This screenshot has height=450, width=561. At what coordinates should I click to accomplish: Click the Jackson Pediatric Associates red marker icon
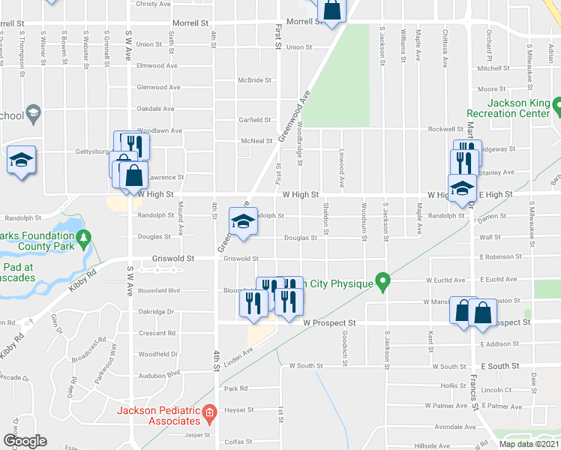[209, 412]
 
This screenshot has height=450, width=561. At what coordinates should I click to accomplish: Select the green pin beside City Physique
[383, 283]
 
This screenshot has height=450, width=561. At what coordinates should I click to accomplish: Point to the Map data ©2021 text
[529, 444]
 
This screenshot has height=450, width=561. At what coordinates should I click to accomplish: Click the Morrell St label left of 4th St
[190, 23]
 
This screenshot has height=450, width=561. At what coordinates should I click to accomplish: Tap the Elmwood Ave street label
[157, 66]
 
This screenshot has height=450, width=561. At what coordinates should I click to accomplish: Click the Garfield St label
[254, 119]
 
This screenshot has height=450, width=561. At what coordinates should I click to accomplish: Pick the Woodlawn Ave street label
[160, 130]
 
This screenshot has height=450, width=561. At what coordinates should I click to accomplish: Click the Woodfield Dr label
[157, 353]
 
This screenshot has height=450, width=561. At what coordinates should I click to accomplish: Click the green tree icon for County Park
[84, 239]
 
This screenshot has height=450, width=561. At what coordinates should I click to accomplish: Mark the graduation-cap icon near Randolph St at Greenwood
[243, 222]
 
